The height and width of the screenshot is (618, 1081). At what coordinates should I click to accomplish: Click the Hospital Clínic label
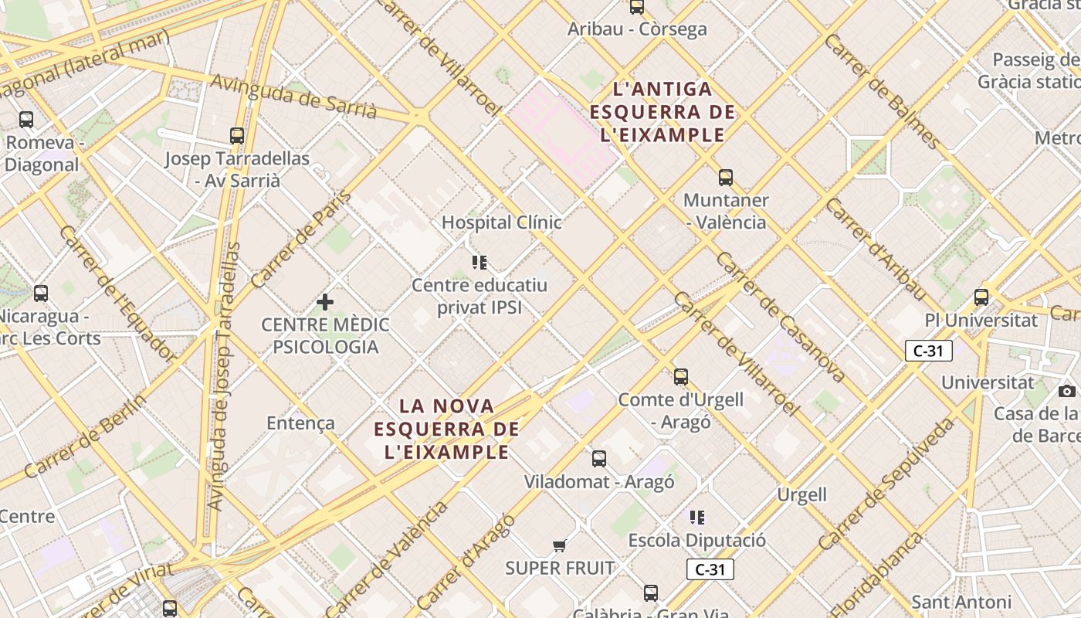pos(501,222)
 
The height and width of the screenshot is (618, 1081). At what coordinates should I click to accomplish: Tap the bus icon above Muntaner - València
pos(725,178)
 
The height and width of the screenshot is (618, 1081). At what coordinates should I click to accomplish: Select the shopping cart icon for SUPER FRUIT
pos(560,546)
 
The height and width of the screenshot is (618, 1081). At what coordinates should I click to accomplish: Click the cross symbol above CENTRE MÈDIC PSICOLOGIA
pos(325,301)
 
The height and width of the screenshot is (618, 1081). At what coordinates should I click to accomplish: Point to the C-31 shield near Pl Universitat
pos(928,351)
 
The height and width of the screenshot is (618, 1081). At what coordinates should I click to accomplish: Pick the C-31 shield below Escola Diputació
pos(710,570)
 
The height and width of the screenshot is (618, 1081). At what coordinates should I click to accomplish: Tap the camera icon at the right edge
pos(1067,391)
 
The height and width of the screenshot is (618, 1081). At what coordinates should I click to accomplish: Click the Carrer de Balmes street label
pos(882,91)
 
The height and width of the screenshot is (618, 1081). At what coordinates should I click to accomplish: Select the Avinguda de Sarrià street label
pos(293,97)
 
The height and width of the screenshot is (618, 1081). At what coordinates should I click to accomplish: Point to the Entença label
pos(300,423)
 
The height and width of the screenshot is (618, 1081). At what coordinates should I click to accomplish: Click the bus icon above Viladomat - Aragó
pos(598,459)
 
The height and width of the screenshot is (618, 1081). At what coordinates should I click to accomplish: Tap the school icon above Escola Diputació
pos(697,517)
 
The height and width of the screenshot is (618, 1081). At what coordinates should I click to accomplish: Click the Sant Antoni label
pos(961,602)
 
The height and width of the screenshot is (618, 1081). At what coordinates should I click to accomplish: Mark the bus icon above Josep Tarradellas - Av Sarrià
pos(237,136)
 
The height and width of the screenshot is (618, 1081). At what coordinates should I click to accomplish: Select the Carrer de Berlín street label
pos(86,436)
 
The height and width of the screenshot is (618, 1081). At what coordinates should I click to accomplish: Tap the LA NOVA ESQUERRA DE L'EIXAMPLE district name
pos(447,429)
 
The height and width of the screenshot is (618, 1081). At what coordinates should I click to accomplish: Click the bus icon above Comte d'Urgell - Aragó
pos(680,377)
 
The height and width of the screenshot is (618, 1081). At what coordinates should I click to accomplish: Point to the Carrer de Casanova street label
pos(781,317)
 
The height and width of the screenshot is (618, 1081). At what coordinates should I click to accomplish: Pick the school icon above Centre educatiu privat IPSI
pos(480,263)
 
